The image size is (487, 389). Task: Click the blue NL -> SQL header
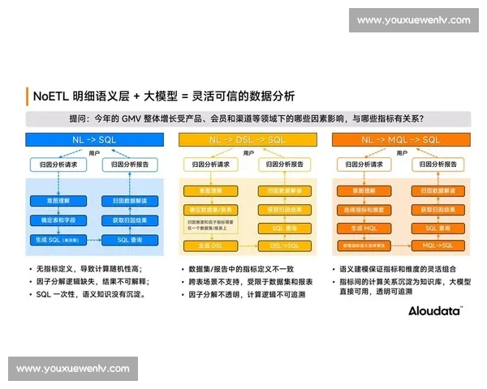(x=96, y=140)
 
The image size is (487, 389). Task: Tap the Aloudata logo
(x=434, y=310)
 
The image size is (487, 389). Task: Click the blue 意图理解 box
(x=59, y=200)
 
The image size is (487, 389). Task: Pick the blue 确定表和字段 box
(x=59, y=220)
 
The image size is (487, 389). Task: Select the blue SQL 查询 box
(x=130, y=240)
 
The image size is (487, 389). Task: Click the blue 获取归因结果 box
(x=130, y=220)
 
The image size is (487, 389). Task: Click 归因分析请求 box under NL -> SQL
(x=59, y=165)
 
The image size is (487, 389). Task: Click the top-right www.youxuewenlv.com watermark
(x=413, y=20)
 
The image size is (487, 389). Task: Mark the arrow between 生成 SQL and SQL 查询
(x=95, y=240)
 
